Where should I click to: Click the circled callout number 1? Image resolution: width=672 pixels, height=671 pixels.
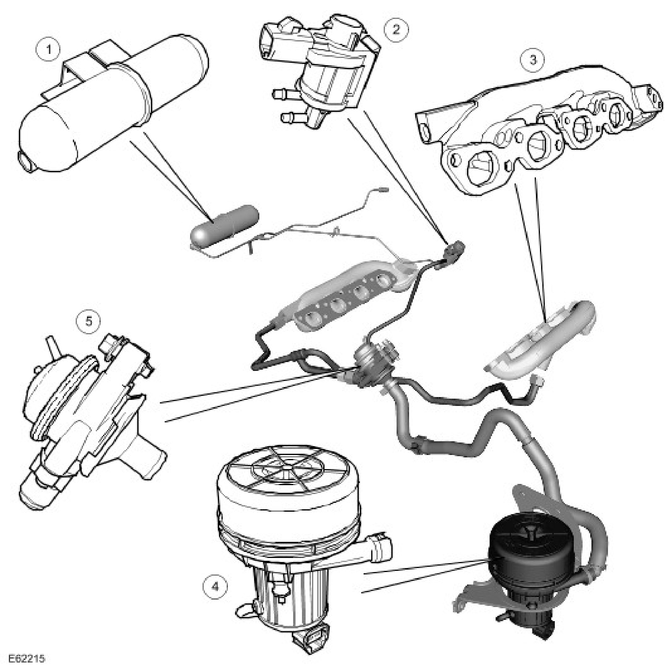coord(50,50)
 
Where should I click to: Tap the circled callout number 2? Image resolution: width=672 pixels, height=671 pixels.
coord(396,29)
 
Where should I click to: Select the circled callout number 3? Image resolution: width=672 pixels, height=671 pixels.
coord(533,59)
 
